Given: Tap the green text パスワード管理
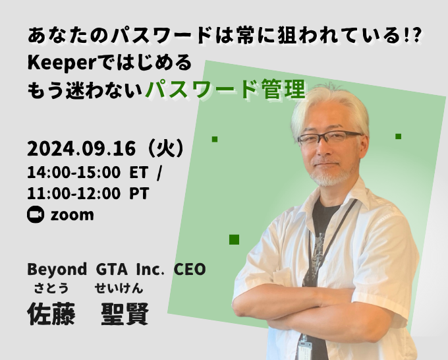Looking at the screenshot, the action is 225,90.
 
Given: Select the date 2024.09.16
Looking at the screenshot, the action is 82,149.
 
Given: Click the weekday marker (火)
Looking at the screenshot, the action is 167,148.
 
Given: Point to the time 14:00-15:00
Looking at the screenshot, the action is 74,173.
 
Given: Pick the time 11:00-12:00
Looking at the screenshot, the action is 74,194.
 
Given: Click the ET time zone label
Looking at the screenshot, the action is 139,173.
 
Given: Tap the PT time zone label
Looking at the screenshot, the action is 139,194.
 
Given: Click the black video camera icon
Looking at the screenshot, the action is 36,214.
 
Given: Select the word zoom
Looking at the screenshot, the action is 72,215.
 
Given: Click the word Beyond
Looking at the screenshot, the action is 57,270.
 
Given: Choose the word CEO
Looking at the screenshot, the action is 190,269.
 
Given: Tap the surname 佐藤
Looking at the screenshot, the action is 51,314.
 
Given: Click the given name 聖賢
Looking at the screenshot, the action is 125,314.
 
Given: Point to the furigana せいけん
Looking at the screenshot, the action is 119,288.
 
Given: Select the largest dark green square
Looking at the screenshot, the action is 235,239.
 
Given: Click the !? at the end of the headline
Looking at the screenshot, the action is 413,37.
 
